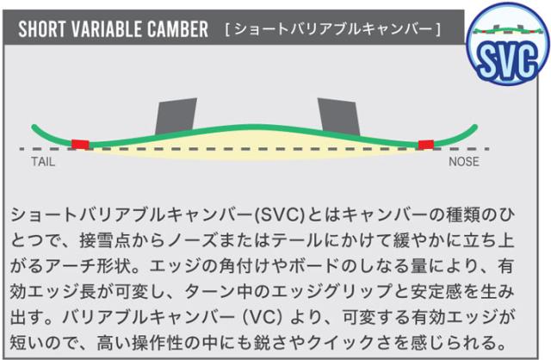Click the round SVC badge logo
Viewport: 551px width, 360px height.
(x=508, y=44)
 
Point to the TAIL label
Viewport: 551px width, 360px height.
(x=43, y=162)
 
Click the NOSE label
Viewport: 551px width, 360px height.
(x=464, y=162)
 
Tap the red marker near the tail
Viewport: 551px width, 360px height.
(x=80, y=145)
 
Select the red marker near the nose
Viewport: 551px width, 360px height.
(x=426, y=145)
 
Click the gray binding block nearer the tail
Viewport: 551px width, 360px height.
(x=176, y=115)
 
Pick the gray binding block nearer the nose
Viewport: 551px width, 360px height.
(x=338, y=116)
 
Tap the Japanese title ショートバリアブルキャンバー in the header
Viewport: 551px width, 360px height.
(x=333, y=29)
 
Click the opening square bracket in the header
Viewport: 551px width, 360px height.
(x=227, y=29)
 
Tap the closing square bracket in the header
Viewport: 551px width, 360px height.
(x=438, y=29)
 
